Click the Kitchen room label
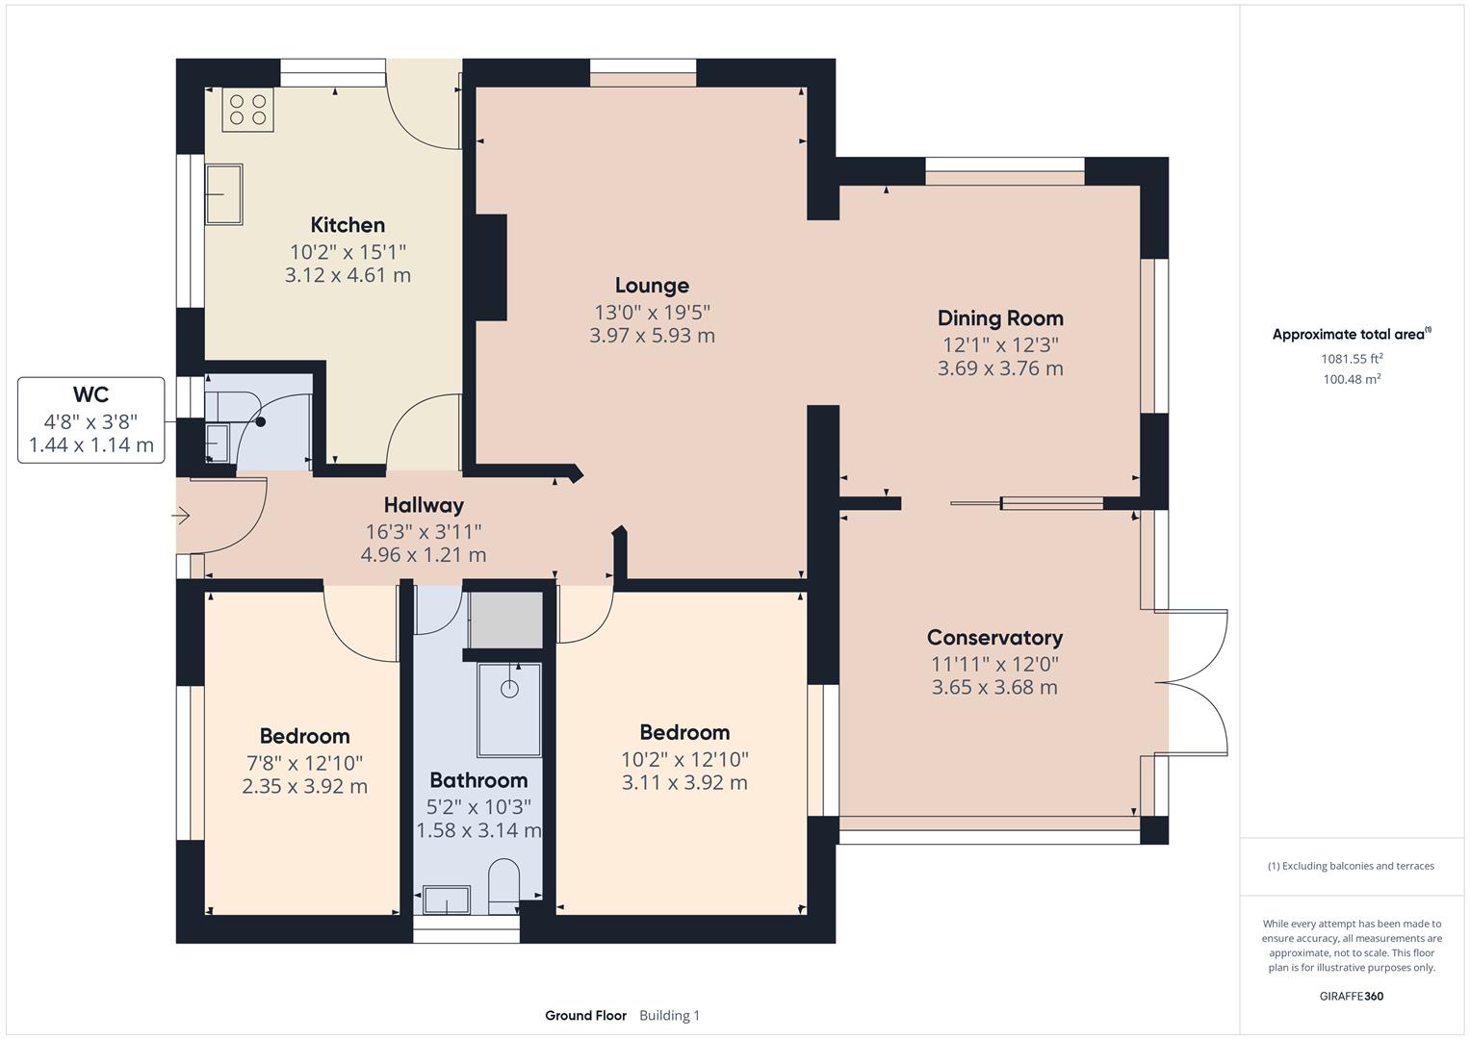pyautogui.click(x=348, y=225)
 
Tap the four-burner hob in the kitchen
pyautogui.click(x=247, y=110)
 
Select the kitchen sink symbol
pyautogui.click(x=223, y=194)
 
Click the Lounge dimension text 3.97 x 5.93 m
pyautogui.click(x=652, y=336)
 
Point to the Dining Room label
pyautogui.click(x=1000, y=318)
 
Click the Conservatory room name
pyautogui.click(x=994, y=638)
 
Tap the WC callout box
pyautogui.click(x=91, y=419)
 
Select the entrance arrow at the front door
pyautogui.click(x=182, y=517)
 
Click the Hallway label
pyautogui.click(x=424, y=505)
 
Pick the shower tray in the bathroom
pyautogui.click(x=509, y=709)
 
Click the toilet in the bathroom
pyautogui.click(x=503, y=886)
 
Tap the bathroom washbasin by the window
pyautogui.click(x=447, y=900)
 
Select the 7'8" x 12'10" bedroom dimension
pyautogui.click(x=304, y=763)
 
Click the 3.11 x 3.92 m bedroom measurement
pyautogui.click(x=684, y=782)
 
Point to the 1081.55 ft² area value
pyautogui.click(x=1352, y=359)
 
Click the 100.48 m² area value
pyautogui.click(x=1352, y=379)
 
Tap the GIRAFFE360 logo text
pyautogui.click(x=1352, y=996)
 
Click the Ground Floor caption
pyautogui.click(x=585, y=1015)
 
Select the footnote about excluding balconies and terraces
pyautogui.click(x=1351, y=866)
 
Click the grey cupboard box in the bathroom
pyautogui.click(x=505, y=620)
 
